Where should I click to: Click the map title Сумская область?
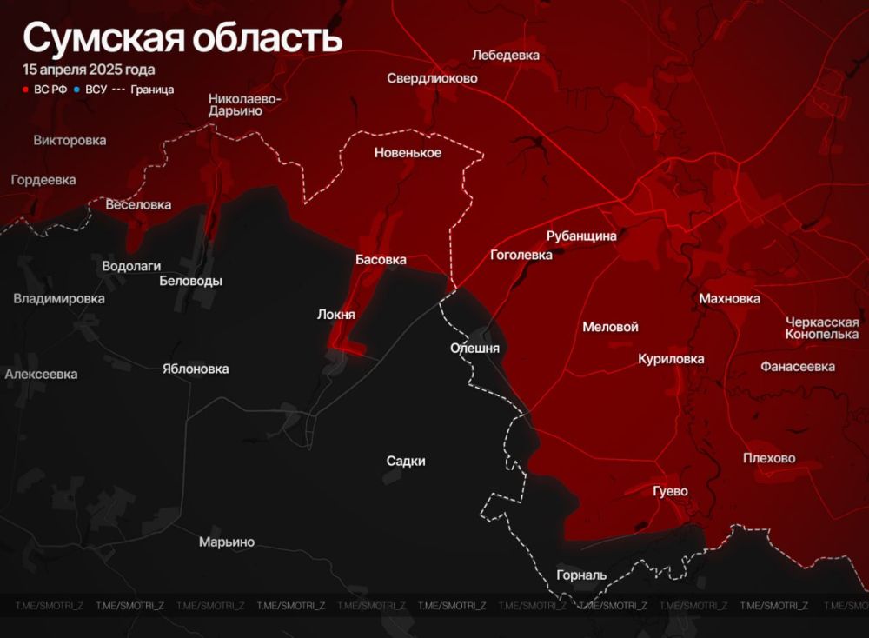[182, 39]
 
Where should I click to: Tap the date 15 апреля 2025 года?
[90, 70]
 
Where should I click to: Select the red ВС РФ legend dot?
[26, 90]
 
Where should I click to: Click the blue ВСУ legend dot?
[77, 90]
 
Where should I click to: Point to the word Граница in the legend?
[152, 90]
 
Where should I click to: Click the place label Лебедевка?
[506, 56]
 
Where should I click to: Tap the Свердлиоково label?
[432, 78]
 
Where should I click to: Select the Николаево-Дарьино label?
[244, 104]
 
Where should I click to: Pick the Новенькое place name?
[408, 153]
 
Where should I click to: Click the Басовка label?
[381, 259]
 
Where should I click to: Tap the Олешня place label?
[474, 348]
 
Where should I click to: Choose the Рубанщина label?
[581, 236]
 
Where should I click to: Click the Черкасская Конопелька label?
[821, 328]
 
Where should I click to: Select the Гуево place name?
[670, 491]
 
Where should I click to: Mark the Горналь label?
[581, 575]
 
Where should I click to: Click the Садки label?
[406, 461]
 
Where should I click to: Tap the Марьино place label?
[227, 542]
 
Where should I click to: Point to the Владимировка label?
[59, 298]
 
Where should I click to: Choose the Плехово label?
[769, 458]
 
